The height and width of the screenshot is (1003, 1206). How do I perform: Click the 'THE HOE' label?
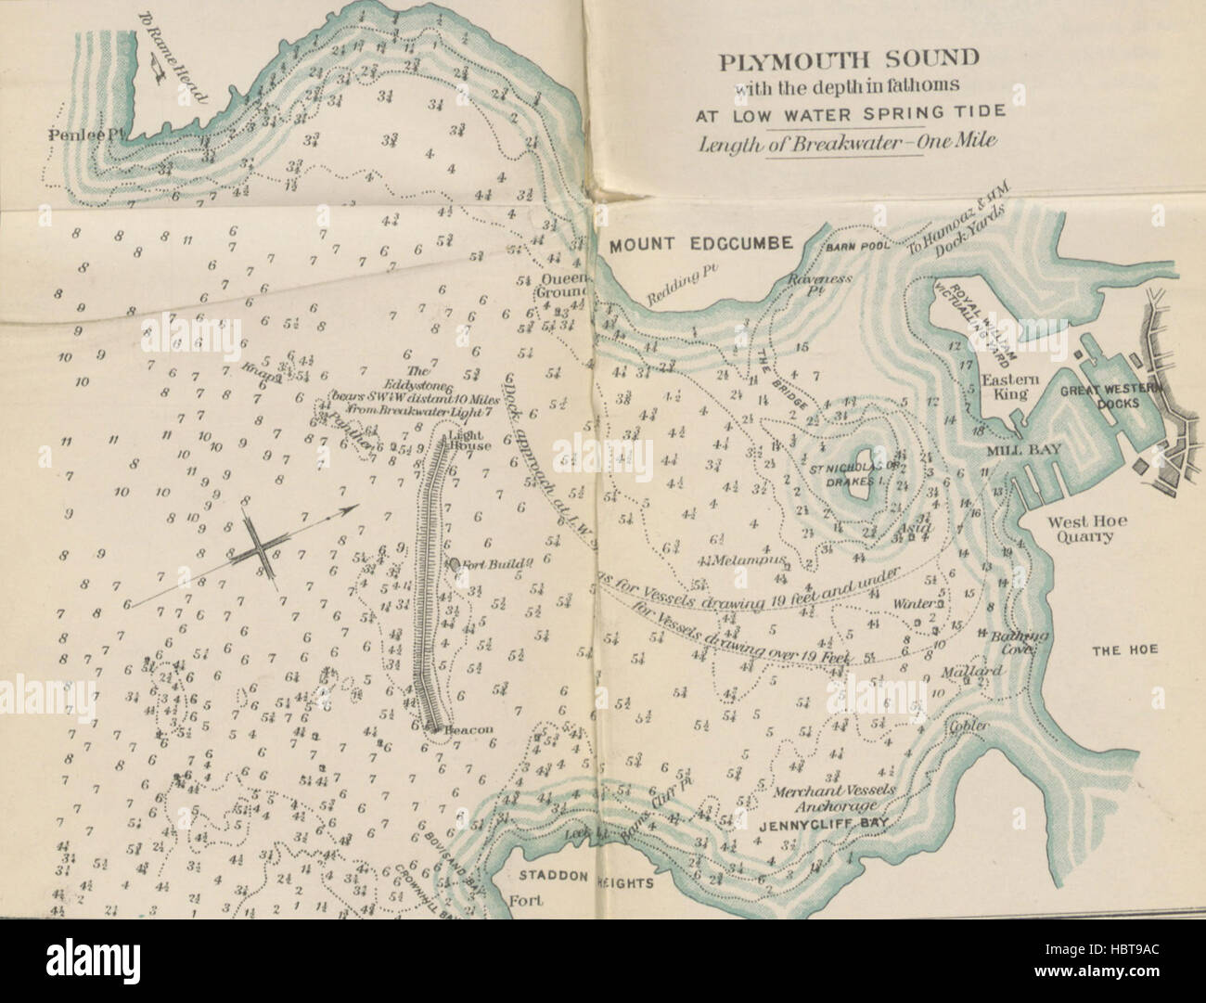(1123, 650)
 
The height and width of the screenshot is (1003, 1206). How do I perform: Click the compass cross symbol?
(263, 554)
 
